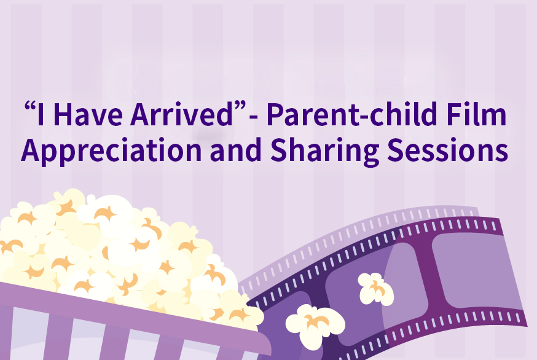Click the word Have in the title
point(88,114)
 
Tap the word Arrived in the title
point(182,114)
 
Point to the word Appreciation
point(111,151)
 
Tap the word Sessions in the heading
point(447,150)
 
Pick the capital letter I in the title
point(41,114)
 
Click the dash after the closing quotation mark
point(254,117)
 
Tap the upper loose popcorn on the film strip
point(375,289)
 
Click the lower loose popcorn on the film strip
point(315,326)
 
